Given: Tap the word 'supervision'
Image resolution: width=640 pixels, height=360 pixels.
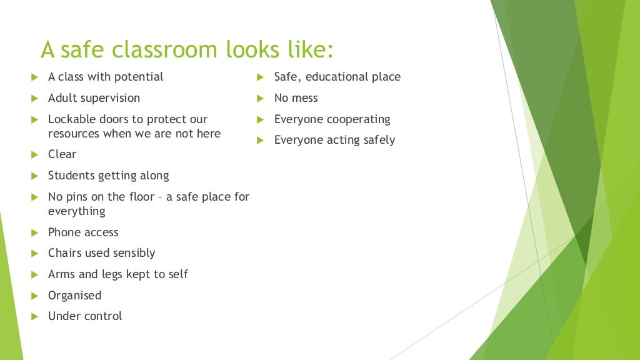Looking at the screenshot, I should [x=109, y=98].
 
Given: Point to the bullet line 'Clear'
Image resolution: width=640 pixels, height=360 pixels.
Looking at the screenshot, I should [x=62, y=154].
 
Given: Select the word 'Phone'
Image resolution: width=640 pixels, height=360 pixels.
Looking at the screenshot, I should [x=64, y=232].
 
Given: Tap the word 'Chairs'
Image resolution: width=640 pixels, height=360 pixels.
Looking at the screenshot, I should [x=65, y=253].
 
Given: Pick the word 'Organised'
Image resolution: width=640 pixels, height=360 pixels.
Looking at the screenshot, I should [x=74, y=296].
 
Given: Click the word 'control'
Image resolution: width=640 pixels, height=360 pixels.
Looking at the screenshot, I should [x=103, y=316].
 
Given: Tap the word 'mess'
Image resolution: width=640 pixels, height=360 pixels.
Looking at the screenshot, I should [x=304, y=98].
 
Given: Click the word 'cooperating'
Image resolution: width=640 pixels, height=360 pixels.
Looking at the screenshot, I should [x=354, y=119].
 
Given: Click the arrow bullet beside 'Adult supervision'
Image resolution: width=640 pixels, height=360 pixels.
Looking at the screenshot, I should [x=35, y=98].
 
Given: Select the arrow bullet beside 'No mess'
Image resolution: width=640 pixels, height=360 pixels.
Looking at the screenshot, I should [x=261, y=98].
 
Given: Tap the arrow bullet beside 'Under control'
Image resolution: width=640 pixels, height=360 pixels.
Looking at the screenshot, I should [x=35, y=316].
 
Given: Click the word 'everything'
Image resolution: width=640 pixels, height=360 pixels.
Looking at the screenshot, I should [x=76, y=211].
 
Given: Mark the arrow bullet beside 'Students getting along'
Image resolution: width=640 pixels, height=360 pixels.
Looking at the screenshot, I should [x=35, y=176].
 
